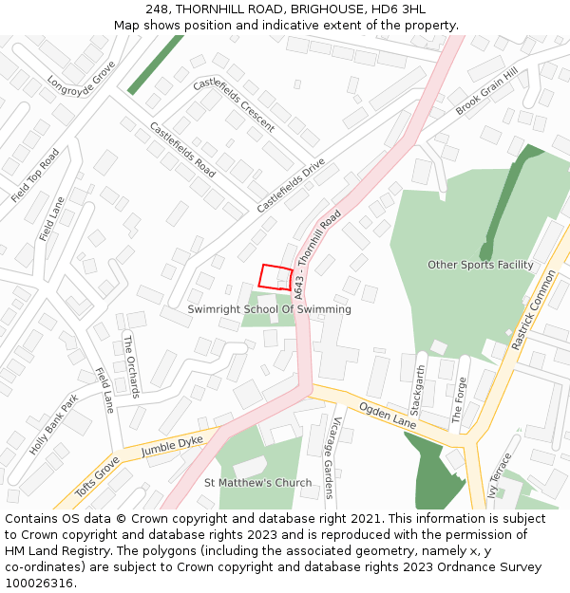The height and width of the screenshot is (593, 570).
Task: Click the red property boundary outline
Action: click(276, 276)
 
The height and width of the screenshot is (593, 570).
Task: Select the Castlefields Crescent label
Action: click(234, 104)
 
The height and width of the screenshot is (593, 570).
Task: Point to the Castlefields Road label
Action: click(182, 150)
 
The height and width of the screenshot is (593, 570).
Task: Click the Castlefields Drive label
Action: click(291, 185)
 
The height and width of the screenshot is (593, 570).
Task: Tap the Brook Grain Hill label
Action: click(486, 92)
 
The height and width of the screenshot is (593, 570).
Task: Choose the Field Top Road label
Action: click(35, 176)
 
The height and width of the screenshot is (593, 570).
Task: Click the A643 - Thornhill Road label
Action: click(317, 254)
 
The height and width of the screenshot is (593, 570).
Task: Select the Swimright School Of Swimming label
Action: click(269, 309)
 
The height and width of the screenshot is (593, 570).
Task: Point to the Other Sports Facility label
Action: click(480, 265)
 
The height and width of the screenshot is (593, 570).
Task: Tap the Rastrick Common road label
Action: click(533, 310)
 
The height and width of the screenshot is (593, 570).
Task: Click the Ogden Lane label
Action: click(388, 415)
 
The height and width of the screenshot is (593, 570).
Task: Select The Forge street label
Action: click(460, 400)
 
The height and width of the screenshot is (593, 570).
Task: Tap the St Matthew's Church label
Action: click(257, 483)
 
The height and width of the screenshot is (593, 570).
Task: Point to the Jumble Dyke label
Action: click(172, 447)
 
